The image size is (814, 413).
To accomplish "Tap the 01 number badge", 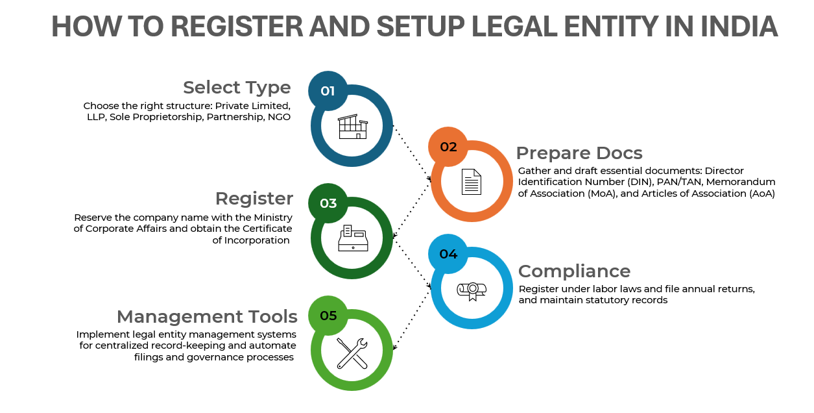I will click(x=328, y=91).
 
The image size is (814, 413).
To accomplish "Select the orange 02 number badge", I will click(x=448, y=147).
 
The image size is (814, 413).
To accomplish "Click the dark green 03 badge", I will click(x=328, y=203).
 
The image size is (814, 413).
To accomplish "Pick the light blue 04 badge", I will click(x=448, y=254).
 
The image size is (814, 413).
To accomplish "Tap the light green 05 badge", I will click(x=328, y=316).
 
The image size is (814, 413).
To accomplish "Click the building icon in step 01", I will click(x=352, y=127).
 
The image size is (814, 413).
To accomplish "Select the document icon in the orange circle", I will click(x=472, y=182).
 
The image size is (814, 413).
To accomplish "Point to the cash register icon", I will click(x=352, y=238).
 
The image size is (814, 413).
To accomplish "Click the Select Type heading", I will click(x=237, y=87).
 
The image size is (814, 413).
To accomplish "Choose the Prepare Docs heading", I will click(x=579, y=153).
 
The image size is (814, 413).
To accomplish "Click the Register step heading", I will click(x=254, y=198).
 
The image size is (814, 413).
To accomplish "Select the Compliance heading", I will click(x=574, y=271).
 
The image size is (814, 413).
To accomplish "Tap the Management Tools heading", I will click(x=207, y=316).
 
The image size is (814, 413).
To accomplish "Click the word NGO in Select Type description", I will click(x=279, y=117).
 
